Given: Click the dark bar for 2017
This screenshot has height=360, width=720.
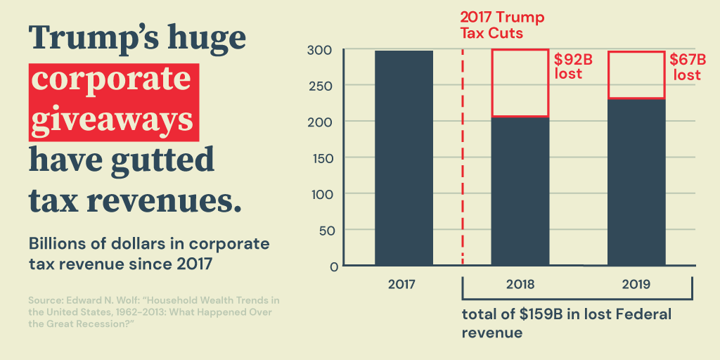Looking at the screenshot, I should [x=404, y=158].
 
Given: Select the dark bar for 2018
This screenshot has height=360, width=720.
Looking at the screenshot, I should [x=520, y=191].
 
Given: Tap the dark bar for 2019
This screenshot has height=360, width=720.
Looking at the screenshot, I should [x=636, y=182].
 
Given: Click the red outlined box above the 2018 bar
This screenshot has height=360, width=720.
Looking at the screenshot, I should [x=520, y=83].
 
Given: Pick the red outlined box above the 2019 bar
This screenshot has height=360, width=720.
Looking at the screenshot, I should [x=636, y=75].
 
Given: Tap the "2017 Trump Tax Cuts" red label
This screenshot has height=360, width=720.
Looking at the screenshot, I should [x=502, y=25].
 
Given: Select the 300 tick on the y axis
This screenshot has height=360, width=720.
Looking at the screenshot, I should [x=324, y=50].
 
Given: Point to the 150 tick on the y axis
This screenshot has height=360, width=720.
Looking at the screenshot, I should [x=324, y=158].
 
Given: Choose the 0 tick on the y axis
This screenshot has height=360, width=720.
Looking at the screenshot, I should [x=333, y=266].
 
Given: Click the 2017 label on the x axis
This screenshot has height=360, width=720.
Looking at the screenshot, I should [x=403, y=285].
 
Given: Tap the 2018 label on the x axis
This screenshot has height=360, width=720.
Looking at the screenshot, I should [x=520, y=285].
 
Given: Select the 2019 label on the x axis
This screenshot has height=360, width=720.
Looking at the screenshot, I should [x=636, y=285].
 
